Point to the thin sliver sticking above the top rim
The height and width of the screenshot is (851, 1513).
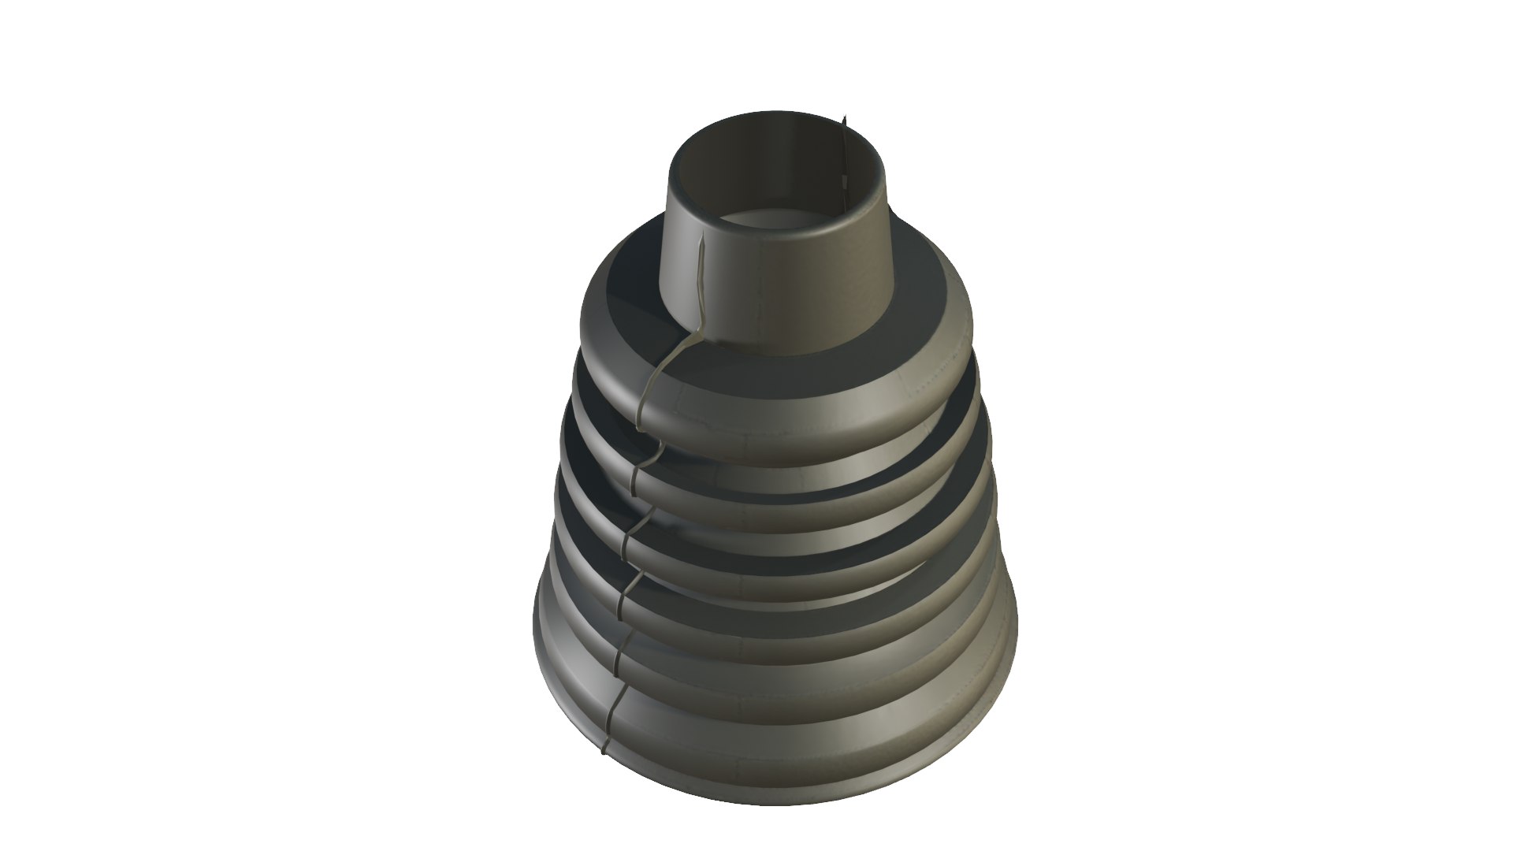tap(844, 126)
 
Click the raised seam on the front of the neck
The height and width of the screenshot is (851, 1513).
tap(701, 276)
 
